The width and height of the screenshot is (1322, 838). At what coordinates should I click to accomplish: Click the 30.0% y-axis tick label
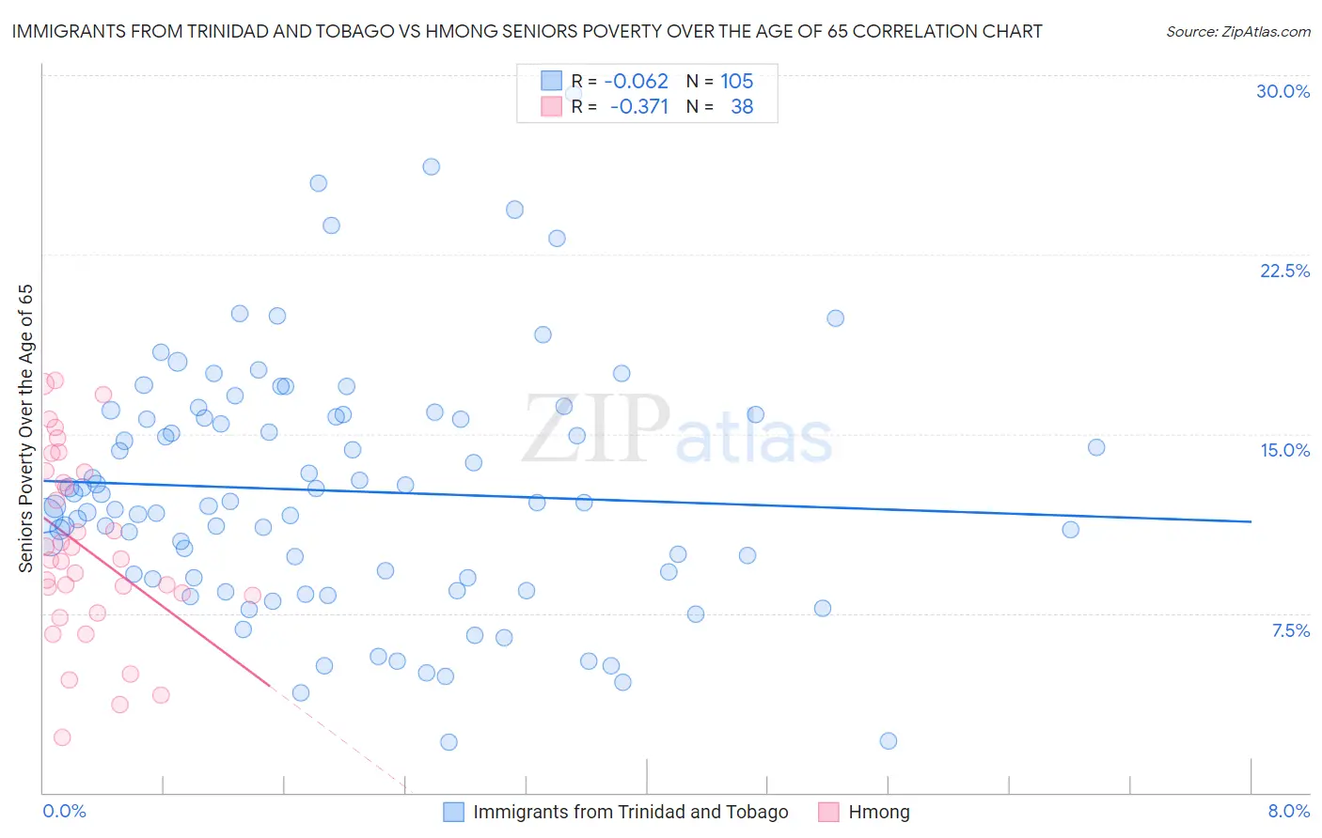pyautogui.click(x=1283, y=91)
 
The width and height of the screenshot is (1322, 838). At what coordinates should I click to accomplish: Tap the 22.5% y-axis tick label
pyautogui.click(x=1284, y=271)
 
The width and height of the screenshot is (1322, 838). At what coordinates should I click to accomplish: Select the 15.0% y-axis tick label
pyautogui.click(x=1284, y=450)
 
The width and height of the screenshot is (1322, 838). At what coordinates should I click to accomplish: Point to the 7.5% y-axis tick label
pyautogui.click(x=1290, y=630)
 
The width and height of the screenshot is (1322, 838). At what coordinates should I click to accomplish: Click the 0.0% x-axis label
pyautogui.click(x=64, y=811)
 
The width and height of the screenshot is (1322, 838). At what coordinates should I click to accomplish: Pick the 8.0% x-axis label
pyautogui.click(x=1288, y=811)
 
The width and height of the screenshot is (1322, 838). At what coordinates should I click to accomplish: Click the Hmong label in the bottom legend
pyautogui.click(x=878, y=812)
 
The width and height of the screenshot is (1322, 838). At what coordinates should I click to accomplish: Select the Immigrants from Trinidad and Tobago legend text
pyautogui.click(x=630, y=812)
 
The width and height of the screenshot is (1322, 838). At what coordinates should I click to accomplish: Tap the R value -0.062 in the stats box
pyautogui.click(x=636, y=81)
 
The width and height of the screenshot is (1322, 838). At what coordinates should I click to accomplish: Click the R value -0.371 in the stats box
pyautogui.click(x=638, y=106)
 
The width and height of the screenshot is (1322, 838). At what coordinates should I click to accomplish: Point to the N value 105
pyautogui.click(x=736, y=81)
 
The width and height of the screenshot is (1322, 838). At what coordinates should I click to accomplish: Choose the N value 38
pyautogui.click(x=742, y=106)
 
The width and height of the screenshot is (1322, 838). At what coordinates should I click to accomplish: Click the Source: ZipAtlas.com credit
pyautogui.click(x=1237, y=31)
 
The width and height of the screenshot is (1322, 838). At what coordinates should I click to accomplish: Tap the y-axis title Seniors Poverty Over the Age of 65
pyautogui.click(x=26, y=428)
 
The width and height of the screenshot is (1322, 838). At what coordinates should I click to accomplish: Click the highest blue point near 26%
pyautogui.click(x=431, y=166)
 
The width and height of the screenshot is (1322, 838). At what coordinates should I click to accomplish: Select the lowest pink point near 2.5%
pyautogui.click(x=62, y=737)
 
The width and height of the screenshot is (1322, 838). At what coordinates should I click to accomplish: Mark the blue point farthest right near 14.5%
pyautogui.click(x=1095, y=447)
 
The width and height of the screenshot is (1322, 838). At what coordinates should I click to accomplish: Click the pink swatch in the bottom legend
pyautogui.click(x=827, y=812)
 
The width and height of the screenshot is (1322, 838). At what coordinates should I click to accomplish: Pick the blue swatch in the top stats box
pyautogui.click(x=551, y=81)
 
